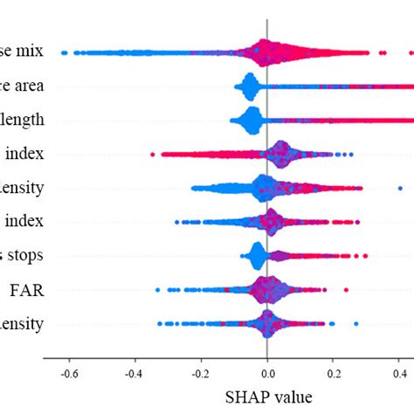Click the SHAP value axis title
point(267,397)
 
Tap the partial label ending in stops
point(24,255)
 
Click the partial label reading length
point(24,119)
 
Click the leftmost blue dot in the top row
point(65,53)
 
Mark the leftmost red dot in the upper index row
point(152,155)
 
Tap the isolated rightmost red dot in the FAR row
point(346,289)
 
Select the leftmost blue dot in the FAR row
point(157,289)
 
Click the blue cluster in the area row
point(249,86)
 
